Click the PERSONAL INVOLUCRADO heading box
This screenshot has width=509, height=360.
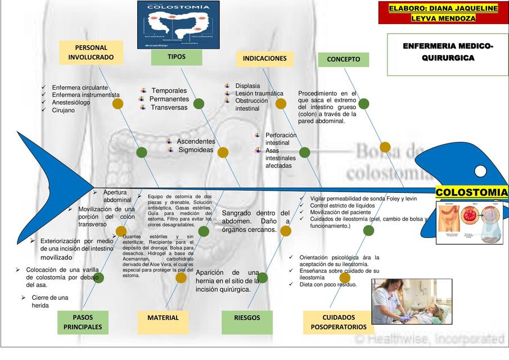click(x=91, y=53)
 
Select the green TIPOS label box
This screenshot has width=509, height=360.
click(x=176, y=57)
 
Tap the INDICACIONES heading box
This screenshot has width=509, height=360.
click(x=264, y=58)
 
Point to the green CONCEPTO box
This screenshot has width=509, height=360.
click(x=343, y=60)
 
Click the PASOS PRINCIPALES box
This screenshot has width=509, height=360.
click(x=83, y=322)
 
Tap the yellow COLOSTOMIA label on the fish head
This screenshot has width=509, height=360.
click(x=471, y=193)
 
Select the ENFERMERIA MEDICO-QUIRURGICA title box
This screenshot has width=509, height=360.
click(x=448, y=53)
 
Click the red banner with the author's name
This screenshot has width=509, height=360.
click(x=443, y=13)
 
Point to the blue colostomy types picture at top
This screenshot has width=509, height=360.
click(x=179, y=24)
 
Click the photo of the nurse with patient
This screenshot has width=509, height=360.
click(x=412, y=302)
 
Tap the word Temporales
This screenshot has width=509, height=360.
click(x=169, y=91)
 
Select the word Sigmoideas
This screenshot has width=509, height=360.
click(x=196, y=150)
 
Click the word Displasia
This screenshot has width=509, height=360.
click(x=247, y=86)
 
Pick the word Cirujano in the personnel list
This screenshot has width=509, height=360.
click(x=64, y=110)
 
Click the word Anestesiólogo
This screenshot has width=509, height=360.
click(x=71, y=103)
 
